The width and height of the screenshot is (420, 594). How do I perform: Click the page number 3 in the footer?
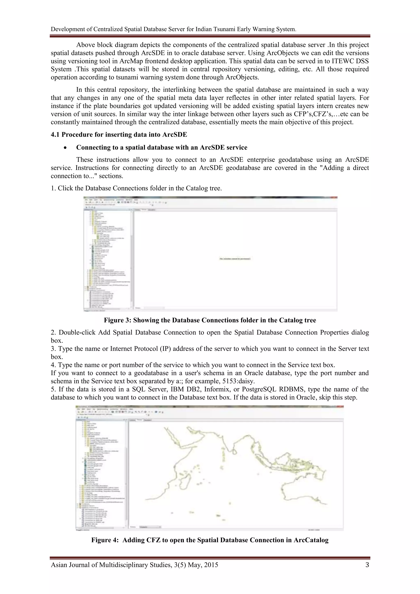coord(367,565)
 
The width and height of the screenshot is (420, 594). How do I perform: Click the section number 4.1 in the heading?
coord(55,135)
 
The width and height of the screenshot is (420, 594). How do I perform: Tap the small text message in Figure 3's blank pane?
coord(235,258)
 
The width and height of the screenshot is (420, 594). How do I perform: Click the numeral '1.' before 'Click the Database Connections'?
coord(53,188)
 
